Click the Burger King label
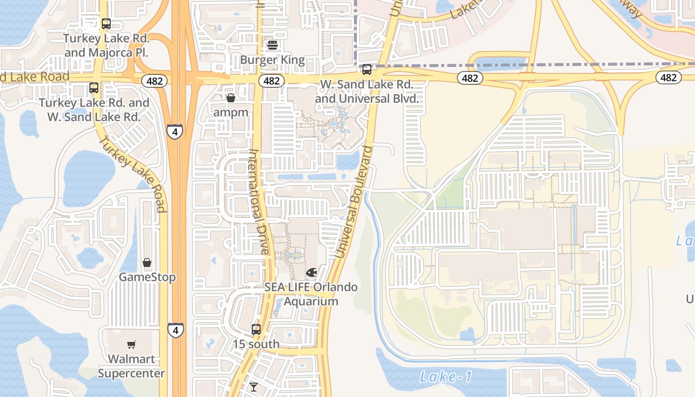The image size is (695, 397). [x=273, y=60]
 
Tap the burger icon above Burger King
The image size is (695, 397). [x=272, y=46]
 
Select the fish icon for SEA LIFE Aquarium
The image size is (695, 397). [x=311, y=272]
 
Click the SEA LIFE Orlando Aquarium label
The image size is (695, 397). [x=311, y=294]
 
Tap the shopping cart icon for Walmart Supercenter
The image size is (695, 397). [x=132, y=344]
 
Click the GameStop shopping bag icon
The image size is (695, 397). [x=147, y=263]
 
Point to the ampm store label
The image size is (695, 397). [x=231, y=112]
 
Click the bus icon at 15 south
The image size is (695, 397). [x=256, y=329]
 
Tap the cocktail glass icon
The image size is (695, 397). [x=254, y=387]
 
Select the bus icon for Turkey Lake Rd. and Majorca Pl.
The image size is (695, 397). [x=106, y=23]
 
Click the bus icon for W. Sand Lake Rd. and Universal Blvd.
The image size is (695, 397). [x=367, y=69]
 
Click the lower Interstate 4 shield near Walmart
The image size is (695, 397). [x=175, y=330]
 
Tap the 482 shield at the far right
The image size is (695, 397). [x=668, y=77]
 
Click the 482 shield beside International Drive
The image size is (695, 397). [x=272, y=80]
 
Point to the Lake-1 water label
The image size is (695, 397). [x=445, y=377]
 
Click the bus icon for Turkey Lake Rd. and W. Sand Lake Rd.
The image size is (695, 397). [x=94, y=88]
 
